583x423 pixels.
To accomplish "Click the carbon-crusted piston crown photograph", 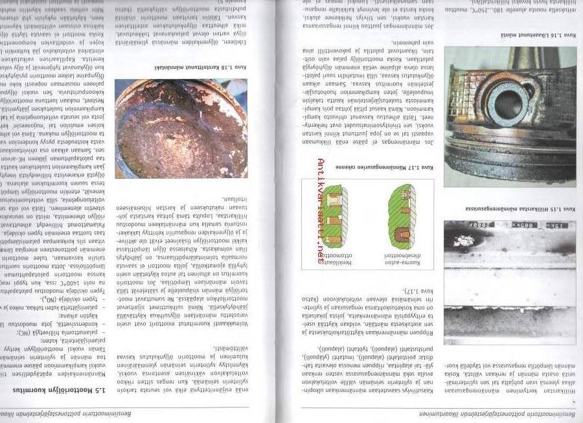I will point(172,128).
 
